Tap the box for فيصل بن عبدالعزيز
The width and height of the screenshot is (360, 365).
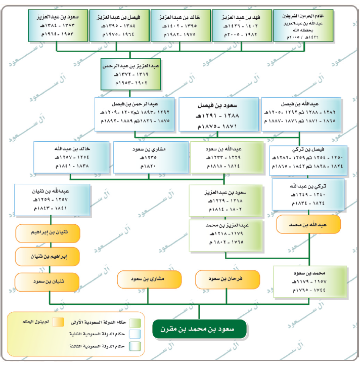coord(118,24)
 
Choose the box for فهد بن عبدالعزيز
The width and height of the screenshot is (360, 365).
coord(241,24)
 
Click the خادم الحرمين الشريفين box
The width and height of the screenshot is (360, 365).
coord(303,24)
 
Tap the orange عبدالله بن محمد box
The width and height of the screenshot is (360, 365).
coord(308,223)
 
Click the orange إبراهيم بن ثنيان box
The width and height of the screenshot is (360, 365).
coord(48,256)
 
